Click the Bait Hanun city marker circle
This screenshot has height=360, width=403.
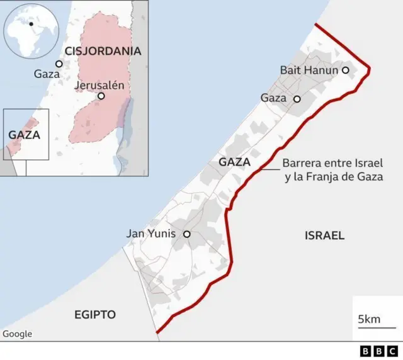345,70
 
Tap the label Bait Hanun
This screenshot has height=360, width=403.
309,70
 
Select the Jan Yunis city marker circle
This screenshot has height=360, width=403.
186,234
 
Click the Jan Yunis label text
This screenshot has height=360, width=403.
153,234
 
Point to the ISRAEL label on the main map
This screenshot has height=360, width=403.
324,236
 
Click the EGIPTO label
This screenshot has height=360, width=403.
95,314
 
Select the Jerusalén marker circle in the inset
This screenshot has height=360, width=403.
101,96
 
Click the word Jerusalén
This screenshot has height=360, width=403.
99,85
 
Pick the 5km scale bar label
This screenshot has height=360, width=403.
368,320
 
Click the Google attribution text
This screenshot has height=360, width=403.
17,334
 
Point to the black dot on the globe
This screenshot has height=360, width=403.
30,23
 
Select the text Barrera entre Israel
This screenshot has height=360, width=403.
332,163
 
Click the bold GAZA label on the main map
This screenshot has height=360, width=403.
234,162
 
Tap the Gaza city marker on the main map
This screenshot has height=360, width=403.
297,99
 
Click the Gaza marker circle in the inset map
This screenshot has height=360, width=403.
59,64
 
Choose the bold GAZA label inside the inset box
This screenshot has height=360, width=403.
25,135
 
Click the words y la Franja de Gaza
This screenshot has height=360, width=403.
334,177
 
